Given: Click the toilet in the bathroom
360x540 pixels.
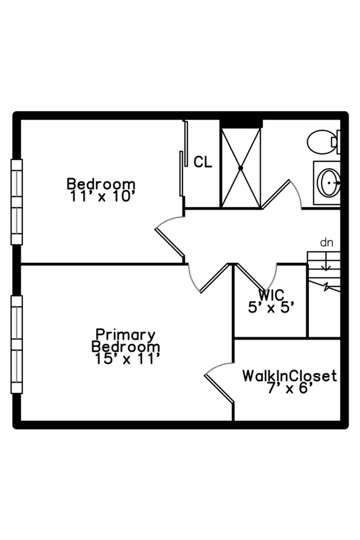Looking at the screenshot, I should pyautogui.click(x=321, y=142).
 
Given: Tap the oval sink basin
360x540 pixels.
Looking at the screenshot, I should pyautogui.click(x=329, y=183).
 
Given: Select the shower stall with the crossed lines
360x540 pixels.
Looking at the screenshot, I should pyautogui.click(x=241, y=168).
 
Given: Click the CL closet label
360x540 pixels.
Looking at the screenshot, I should pyautogui.click(x=203, y=162).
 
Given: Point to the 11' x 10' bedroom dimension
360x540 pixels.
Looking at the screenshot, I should pyautogui.click(x=102, y=196).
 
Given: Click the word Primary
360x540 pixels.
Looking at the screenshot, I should pyautogui.click(x=126, y=334).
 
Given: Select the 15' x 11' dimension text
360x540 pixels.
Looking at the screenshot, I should pyautogui.click(x=127, y=359).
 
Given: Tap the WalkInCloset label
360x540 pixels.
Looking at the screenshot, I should pyautogui.click(x=289, y=376).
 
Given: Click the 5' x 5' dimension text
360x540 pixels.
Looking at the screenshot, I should pyautogui.click(x=271, y=308).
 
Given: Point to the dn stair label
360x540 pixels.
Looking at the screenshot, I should pyautogui.click(x=326, y=243).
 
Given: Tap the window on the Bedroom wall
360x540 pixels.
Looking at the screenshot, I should pyautogui.click(x=17, y=202).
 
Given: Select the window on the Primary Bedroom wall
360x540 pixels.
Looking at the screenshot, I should pyautogui.click(x=17, y=344).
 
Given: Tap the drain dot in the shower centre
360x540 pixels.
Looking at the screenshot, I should pyautogui.click(x=241, y=168).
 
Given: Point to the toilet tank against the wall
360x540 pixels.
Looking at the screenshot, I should pyautogui.click(x=338, y=142).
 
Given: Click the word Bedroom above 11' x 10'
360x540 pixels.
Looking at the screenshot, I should pyautogui.click(x=101, y=184).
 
